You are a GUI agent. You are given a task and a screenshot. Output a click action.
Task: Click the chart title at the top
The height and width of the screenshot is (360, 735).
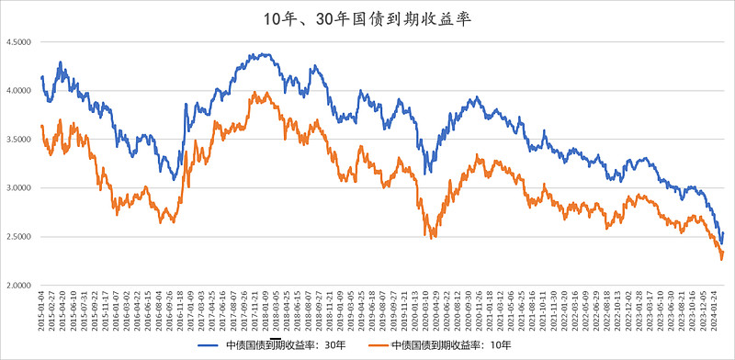click(367, 17)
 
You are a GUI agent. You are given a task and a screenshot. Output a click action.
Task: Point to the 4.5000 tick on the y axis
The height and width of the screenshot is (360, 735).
click(18, 42)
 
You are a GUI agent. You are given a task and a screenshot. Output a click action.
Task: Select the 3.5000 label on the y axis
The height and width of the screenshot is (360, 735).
click(18, 140)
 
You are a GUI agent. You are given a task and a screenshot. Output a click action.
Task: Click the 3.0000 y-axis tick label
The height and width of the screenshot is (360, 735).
click(18, 188)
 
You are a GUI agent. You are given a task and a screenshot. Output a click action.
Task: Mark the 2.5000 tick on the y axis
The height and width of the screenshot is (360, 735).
click(18, 237)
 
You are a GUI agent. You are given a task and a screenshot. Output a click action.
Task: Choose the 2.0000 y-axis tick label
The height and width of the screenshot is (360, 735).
click(18, 286)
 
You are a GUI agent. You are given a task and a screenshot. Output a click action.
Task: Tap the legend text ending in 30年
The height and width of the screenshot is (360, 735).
click(285, 346)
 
